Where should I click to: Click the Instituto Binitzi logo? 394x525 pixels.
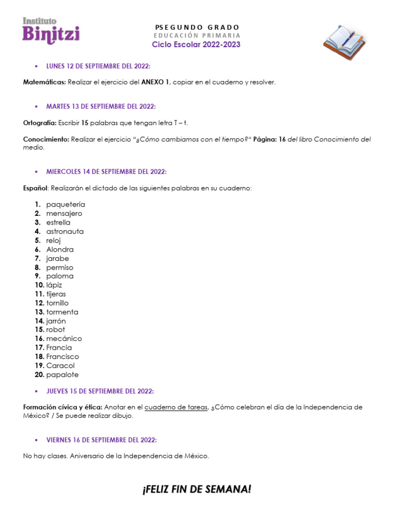(x=51, y=31)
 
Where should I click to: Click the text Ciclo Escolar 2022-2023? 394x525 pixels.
(x=196, y=45)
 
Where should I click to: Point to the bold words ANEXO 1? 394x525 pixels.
(x=155, y=82)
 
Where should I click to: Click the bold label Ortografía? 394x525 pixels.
(x=40, y=123)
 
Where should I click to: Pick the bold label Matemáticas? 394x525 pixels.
(x=44, y=82)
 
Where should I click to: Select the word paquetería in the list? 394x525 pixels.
(x=66, y=205)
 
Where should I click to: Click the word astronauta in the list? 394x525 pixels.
(x=65, y=231)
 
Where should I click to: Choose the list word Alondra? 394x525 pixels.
(x=60, y=249)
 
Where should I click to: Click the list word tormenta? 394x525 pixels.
(x=62, y=312)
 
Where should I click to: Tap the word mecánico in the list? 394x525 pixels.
(x=64, y=338)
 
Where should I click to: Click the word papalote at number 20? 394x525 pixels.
(x=62, y=374)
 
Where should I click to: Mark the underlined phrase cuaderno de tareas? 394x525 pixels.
(x=176, y=407)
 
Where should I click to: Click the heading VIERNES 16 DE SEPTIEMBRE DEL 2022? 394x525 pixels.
(x=101, y=440)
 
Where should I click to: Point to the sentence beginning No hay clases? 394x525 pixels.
(x=116, y=456)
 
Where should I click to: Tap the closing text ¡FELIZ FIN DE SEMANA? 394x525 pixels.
(x=197, y=490)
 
